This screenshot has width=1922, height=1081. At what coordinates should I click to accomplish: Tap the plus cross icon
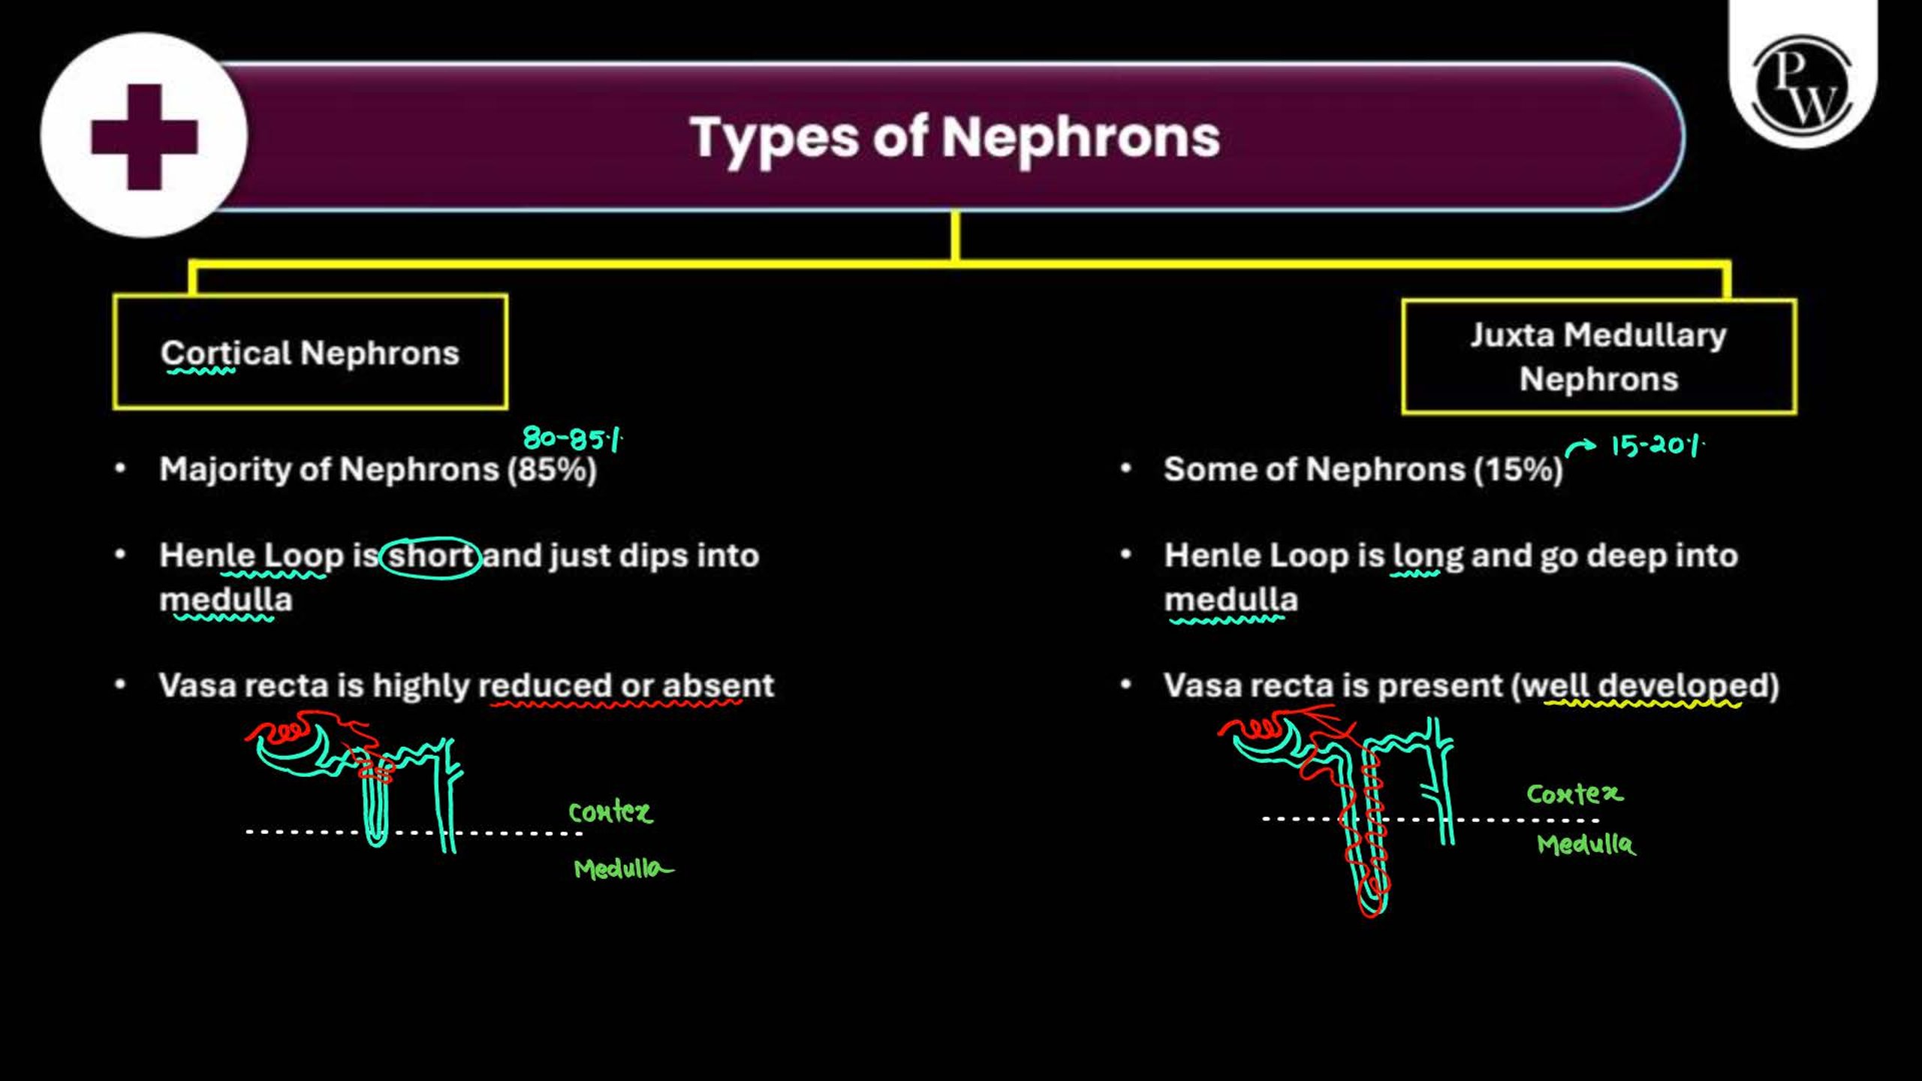[144, 137]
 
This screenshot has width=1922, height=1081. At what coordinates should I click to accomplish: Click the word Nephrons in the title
[1080, 137]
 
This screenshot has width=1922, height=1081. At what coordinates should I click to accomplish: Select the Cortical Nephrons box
[310, 352]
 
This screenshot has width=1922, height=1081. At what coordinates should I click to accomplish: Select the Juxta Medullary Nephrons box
[1599, 357]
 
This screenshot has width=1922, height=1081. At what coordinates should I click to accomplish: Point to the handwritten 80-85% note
[573, 438]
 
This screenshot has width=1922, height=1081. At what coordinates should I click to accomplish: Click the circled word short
[430, 557]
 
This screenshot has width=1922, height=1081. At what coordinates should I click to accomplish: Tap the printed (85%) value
[552, 470]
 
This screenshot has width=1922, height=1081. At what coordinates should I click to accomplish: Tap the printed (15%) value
[1517, 470]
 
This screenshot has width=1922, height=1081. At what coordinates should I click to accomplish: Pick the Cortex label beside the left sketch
[610, 812]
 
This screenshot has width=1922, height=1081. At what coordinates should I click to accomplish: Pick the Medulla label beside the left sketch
[622, 869]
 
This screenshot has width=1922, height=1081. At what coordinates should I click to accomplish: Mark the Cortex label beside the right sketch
[1574, 794]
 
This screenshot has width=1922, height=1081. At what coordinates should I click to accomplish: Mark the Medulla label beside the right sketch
[1586, 844]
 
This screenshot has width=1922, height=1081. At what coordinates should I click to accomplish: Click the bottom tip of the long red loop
[1371, 916]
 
